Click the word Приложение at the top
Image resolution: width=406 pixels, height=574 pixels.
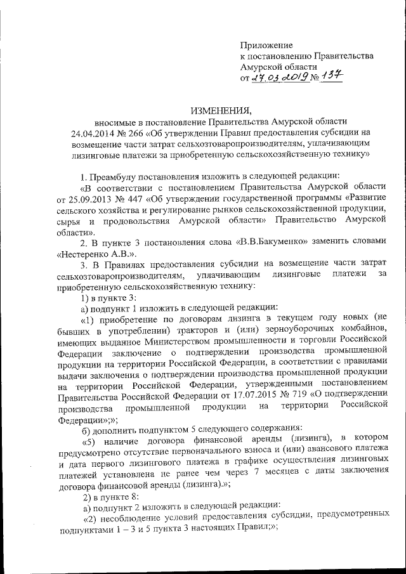pos(266,45)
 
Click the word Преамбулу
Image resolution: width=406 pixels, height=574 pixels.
pos(118,176)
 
